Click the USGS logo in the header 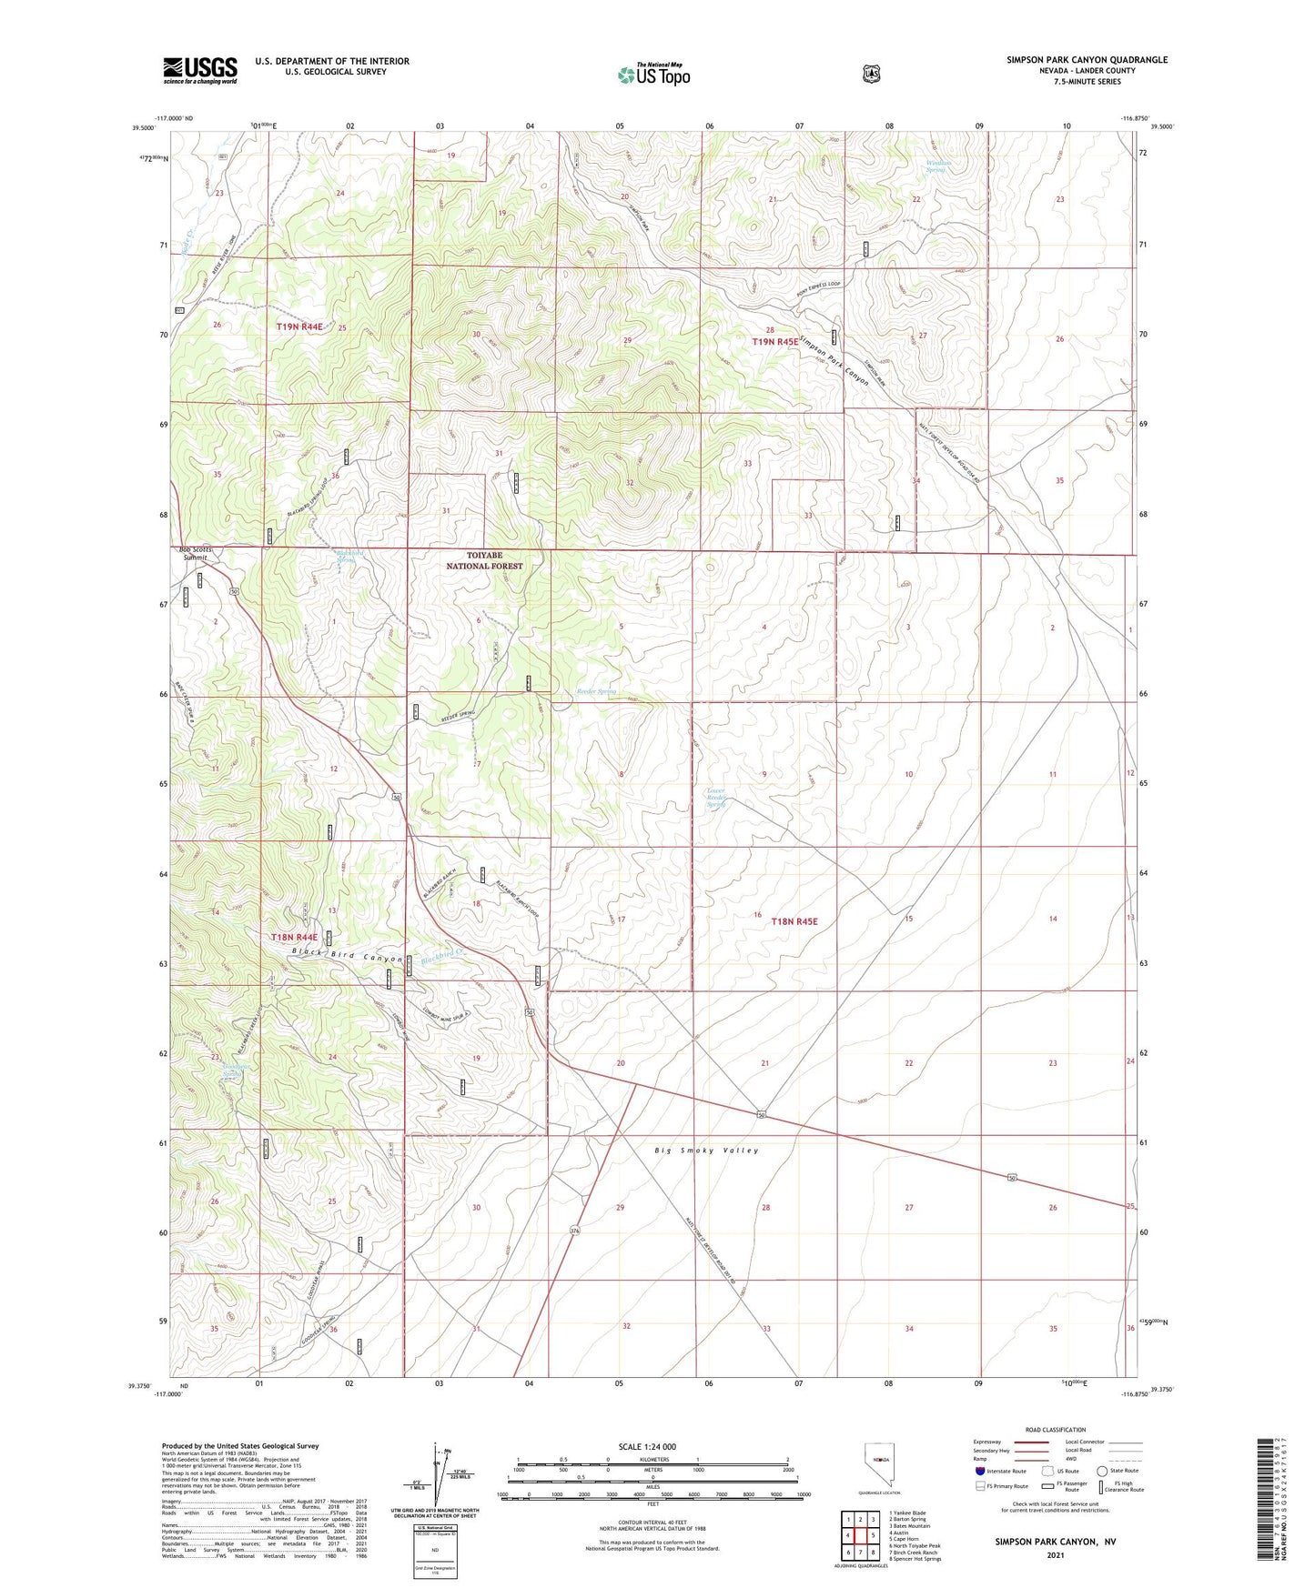pos(200,70)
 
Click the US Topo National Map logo pos(653,75)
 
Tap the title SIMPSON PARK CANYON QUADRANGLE pos(1087,60)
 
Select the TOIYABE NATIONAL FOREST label pos(484,560)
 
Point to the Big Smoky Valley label pos(706,1151)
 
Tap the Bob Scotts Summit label pos(194,553)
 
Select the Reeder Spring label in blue pos(596,691)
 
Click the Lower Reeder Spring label pos(717,797)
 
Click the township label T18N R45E pos(794,921)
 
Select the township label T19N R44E pos(299,326)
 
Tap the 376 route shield pos(574,1231)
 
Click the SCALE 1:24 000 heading pos(647,1446)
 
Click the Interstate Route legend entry pos(1001,1471)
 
